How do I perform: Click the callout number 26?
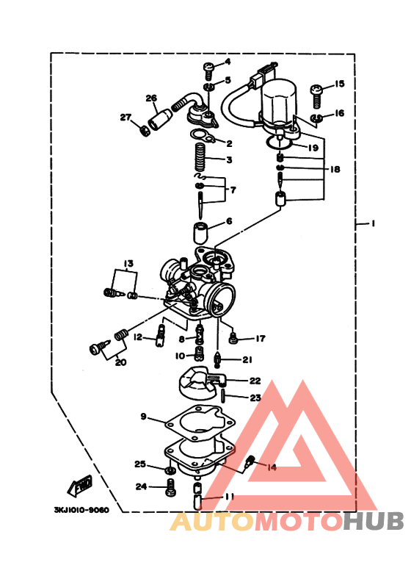click(151, 98)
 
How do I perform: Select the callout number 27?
click(125, 117)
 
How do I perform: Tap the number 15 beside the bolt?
click(339, 84)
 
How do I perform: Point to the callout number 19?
click(313, 148)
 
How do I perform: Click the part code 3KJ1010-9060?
click(81, 508)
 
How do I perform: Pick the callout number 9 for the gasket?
click(144, 417)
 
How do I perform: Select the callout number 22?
click(255, 381)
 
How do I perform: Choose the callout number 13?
click(128, 263)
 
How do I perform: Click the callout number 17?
click(258, 339)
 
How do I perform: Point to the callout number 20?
click(120, 362)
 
